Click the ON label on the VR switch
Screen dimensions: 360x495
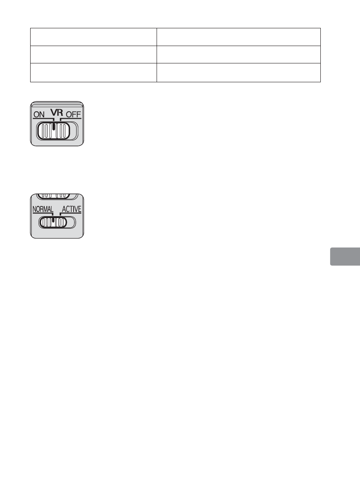(39, 114)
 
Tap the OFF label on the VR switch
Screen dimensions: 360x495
(73, 114)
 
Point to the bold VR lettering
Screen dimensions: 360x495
(57, 112)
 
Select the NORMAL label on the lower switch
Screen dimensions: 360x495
(43, 209)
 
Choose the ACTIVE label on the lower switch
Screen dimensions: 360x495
(71, 209)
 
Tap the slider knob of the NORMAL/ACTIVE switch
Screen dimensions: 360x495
(53, 223)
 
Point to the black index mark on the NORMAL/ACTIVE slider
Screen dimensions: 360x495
(53, 220)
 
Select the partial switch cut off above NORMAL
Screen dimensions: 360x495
(57, 196)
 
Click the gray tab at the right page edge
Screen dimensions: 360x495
(345, 257)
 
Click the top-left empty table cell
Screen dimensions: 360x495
(93, 37)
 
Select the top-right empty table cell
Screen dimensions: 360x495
(238, 37)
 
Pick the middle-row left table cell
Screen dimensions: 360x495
(93, 54)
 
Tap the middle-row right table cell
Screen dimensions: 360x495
(238, 54)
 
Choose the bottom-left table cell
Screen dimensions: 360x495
(93, 72)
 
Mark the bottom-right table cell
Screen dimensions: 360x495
(238, 72)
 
